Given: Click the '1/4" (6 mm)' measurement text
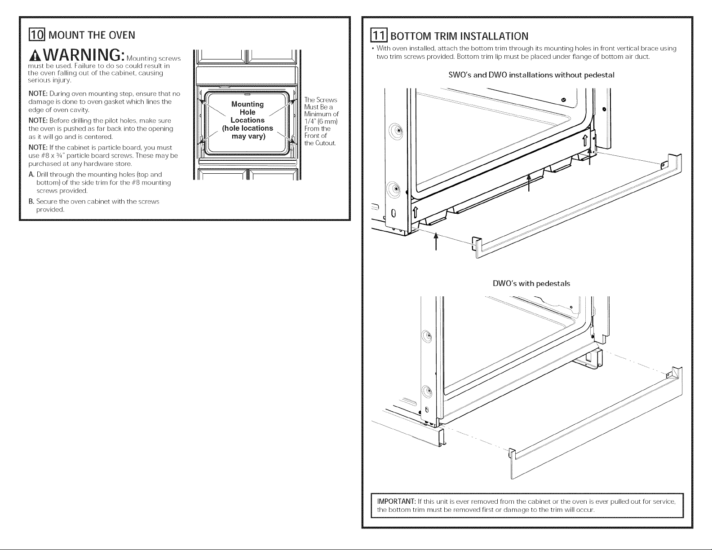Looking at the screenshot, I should pos(321,121).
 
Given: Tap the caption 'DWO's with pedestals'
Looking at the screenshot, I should pos(531,283).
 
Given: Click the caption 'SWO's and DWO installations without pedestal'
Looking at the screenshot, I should pos(531,75).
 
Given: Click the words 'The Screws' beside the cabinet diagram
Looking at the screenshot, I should pos(320,100).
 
